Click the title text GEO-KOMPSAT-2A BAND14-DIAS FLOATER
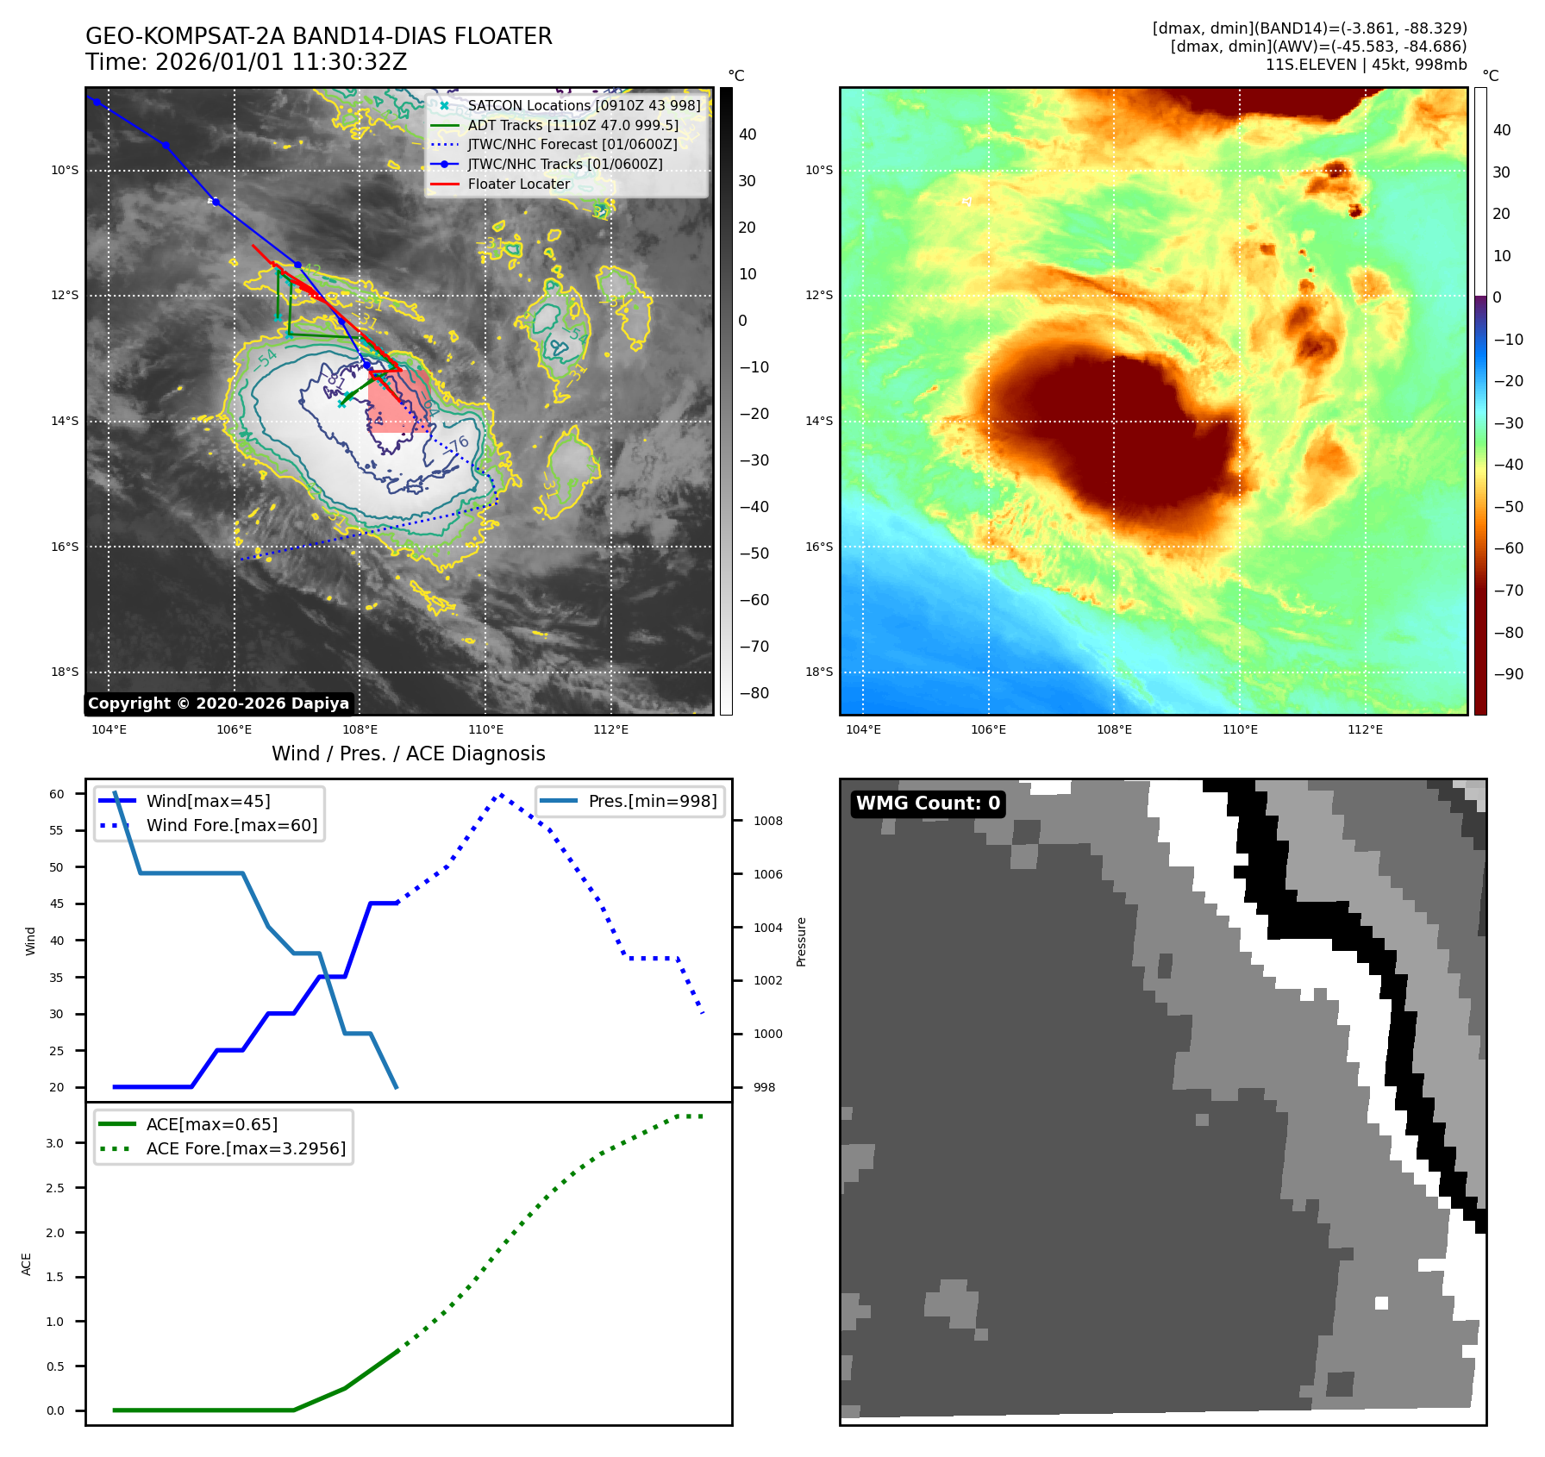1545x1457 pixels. click(318, 36)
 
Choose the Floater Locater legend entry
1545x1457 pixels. click(518, 184)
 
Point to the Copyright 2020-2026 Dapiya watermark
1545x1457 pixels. click(218, 703)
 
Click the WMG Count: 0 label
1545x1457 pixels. click(928, 804)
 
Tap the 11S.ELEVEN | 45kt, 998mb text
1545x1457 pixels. click(1366, 65)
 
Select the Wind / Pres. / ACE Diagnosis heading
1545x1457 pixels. click(408, 754)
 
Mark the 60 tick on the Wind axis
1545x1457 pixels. click(57, 794)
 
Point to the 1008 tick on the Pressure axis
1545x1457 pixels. click(767, 821)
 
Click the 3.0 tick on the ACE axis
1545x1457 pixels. click(55, 1143)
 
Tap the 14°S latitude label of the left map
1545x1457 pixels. click(65, 421)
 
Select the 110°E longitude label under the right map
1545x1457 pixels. click(1240, 729)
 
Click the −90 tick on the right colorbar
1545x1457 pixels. click(1508, 674)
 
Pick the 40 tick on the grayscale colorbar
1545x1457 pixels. click(747, 134)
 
